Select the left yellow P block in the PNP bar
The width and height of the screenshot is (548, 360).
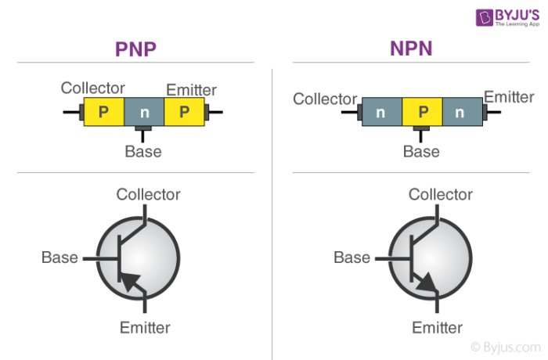click(x=103, y=112)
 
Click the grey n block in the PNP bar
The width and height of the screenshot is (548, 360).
click(x=143, y=112)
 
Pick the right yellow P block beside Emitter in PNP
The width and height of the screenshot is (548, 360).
click(x=184, y=112)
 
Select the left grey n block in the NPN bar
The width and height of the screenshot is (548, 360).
click(x=381, y=112)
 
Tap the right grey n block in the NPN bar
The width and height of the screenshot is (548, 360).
click(x=462, y=112)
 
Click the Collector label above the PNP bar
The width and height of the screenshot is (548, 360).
click(x=93, y=88)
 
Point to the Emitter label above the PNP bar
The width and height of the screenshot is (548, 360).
click(x=191, y=89)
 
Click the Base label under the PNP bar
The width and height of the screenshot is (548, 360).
click(x=143, y=151)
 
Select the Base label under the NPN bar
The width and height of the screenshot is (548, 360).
click(x=421, y=151)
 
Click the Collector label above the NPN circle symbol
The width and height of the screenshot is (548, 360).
click(x=441, y=194)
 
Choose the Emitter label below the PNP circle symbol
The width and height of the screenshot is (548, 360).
click(x=145, y=327)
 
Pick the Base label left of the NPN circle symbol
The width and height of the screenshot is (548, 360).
click(x=352, y=257)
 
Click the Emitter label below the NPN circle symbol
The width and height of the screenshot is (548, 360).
click(x=437, y=327)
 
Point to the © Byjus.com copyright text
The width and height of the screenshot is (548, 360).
click(x=505, y=345)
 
